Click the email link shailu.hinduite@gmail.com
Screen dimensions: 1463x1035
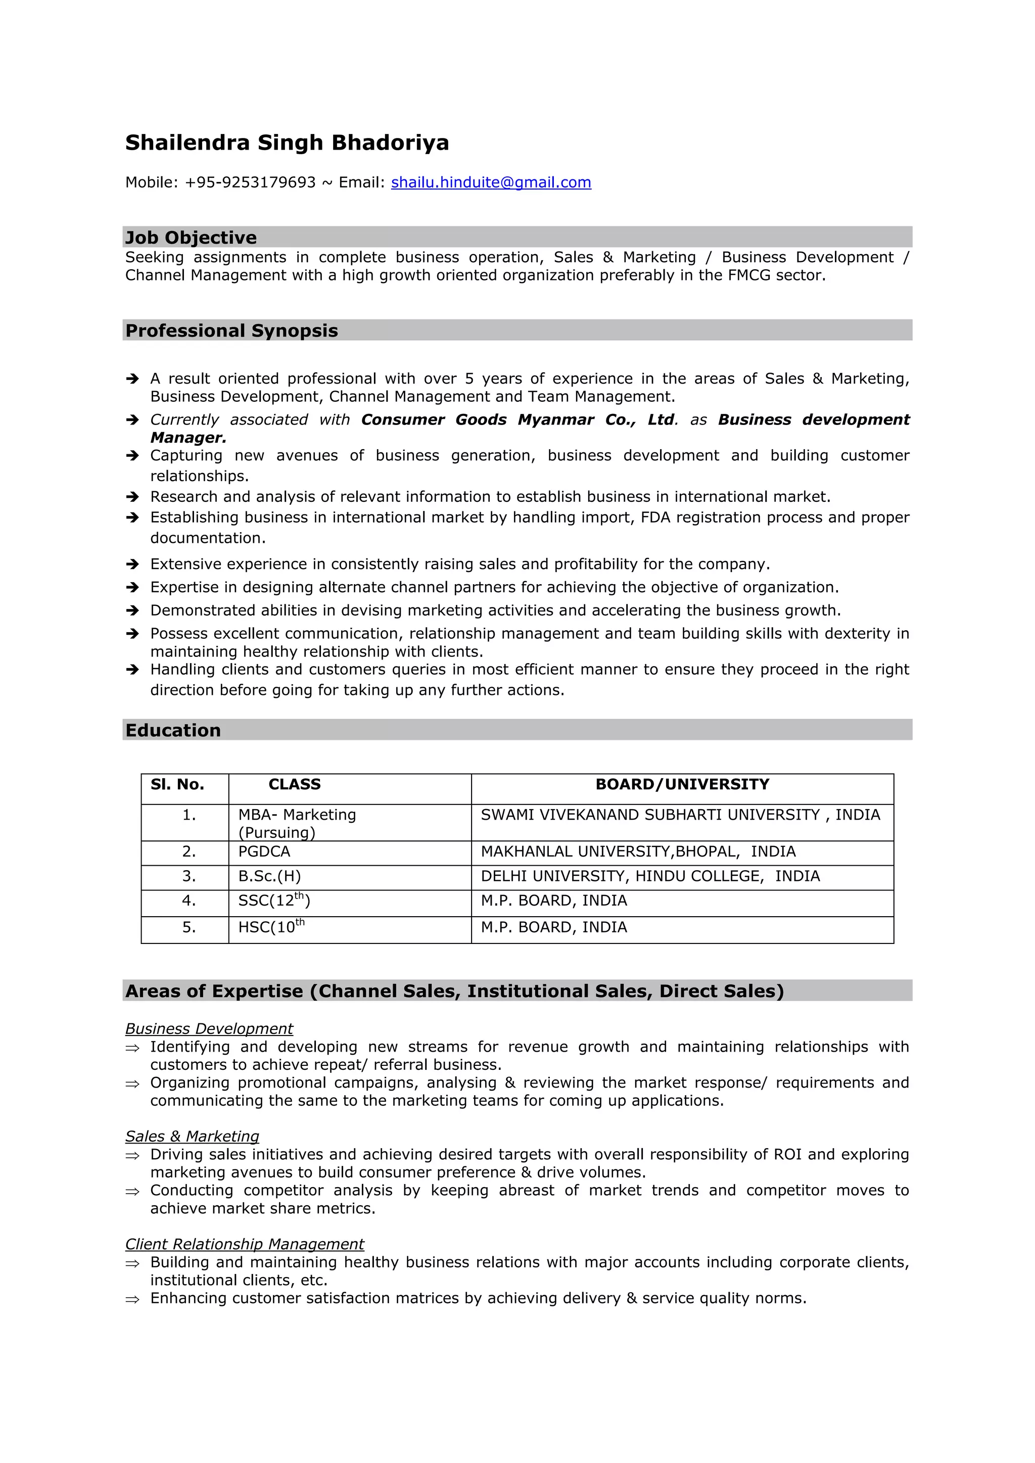pos(491,182)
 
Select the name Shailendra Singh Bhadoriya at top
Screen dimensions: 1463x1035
pos(287,143)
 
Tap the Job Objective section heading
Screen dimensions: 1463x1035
pos(191,238)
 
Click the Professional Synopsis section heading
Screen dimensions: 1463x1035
pos(231,331)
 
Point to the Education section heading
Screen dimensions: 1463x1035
pos(173,730)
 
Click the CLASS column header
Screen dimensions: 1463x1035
pos(295,784)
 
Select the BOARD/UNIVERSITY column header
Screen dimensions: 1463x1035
pos(682,784)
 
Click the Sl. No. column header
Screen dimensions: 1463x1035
pos(177,784)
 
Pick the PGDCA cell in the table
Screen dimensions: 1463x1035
pos(264,852)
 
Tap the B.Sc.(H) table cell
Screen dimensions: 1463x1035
pos(269,876)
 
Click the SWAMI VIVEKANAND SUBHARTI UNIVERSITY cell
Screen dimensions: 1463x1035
pos(680,815)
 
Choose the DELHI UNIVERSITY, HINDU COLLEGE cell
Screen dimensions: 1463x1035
pos(650,876)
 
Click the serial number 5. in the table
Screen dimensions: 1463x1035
pos(189,927)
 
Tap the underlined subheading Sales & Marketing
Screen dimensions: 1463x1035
pos(192,1136)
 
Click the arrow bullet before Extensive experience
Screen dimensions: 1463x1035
pos(132,564)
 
